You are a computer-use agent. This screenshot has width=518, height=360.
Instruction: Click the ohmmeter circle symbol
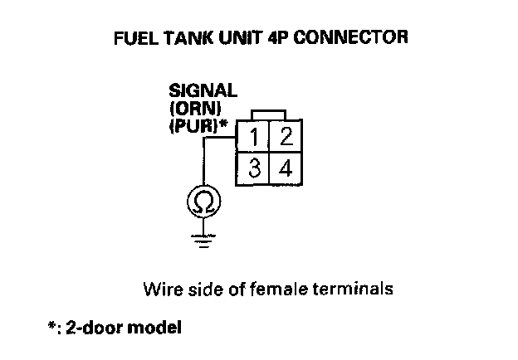[x=201, y=202]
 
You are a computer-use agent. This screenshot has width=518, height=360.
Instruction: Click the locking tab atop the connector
[x=270, y=114]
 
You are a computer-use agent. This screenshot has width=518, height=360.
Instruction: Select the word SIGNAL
[x=203, y=91]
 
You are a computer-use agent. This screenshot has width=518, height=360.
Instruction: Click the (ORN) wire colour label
[x=193, y=108]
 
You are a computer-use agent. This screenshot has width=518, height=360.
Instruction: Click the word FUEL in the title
[x=132, y=38]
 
